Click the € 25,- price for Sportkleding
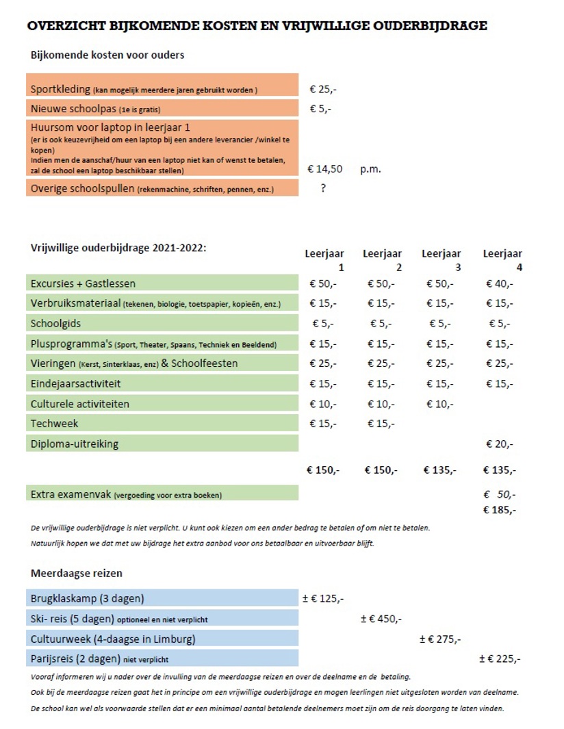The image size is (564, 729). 322,89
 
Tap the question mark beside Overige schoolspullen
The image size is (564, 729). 323,188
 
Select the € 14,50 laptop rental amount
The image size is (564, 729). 324,169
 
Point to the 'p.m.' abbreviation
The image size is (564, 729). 370,169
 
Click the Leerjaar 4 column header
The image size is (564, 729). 502,260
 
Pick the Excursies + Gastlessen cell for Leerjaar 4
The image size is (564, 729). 500,283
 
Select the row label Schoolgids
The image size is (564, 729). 55,324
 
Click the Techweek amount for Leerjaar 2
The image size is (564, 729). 381,424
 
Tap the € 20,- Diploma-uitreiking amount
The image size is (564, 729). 500,444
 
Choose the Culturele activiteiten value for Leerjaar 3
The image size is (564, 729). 440,404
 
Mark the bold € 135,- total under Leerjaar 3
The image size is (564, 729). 440,470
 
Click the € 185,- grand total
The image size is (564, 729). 500,510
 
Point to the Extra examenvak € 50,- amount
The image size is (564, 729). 500,494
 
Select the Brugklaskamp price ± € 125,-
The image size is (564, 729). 323,598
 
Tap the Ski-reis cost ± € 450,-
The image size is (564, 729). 381,619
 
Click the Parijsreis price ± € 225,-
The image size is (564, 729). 500,658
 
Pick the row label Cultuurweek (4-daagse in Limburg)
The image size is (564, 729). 113,639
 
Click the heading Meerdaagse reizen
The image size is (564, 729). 77,573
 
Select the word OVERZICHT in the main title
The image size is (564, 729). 66,25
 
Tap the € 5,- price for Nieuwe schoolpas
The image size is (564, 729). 321,109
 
